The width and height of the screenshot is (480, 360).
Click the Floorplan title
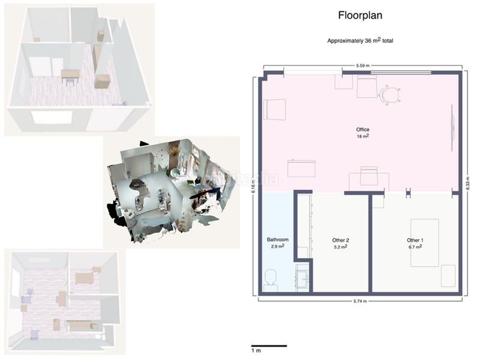[x=360, y=16]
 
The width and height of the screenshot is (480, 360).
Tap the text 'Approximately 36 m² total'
[x=360, y=40]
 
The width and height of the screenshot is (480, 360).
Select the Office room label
[x=363, y=130]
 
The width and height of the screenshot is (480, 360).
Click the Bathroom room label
[x=278, y=239]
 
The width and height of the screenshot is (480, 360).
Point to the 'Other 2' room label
[x=341, y=241]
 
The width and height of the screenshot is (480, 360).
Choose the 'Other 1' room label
[x=415, y=241]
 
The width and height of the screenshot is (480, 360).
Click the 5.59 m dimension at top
[x=363, y=65]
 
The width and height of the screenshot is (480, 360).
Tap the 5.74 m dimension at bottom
[x=360, y=301]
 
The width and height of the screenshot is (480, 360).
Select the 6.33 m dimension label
[x=467, y=184]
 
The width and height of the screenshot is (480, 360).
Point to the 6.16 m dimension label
[x=253, y=187]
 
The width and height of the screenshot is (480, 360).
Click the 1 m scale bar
[x=269, y=346]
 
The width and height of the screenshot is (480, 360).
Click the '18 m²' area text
[x=363, y=136]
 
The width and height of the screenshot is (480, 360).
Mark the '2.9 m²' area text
[x=278, y=246]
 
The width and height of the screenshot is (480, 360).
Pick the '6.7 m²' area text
[x=415, y=247]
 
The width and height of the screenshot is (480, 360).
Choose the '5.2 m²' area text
[x=341, y=247]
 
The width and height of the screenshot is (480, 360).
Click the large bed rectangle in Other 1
[x=425, y=243]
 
